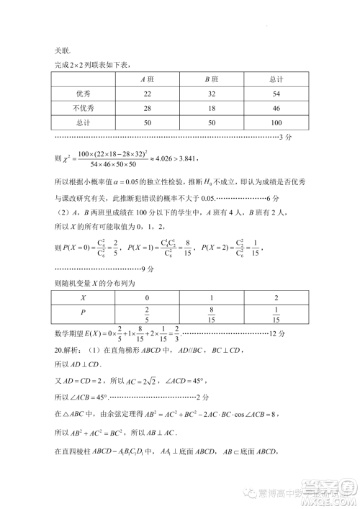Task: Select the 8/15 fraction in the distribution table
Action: [x=212, y=313]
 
